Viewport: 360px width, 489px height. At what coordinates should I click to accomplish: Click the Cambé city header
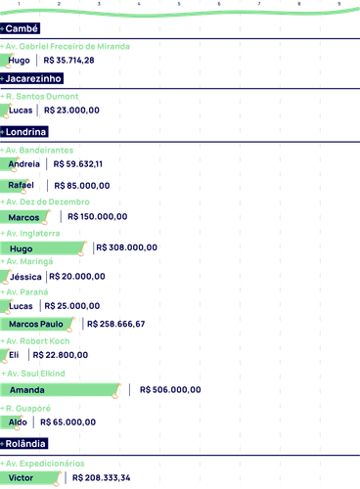20,28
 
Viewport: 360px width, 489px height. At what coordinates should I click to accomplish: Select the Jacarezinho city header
31,78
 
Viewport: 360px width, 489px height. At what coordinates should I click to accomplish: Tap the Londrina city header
24,132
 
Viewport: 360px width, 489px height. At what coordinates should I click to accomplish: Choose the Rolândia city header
23,444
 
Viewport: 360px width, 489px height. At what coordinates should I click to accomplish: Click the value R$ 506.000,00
170,389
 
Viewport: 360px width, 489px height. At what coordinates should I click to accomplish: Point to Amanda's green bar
61,390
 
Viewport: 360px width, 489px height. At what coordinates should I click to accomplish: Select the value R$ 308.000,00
127,247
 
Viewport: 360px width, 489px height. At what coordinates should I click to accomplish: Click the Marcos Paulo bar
37,324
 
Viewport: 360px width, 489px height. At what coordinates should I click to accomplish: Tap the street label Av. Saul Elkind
33,374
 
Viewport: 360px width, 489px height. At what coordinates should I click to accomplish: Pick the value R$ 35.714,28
68,61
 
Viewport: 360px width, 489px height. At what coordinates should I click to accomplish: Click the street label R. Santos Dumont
39,97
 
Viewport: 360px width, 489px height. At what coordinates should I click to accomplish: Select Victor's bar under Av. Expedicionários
30,478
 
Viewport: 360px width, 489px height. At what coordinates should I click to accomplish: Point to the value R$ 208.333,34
101,478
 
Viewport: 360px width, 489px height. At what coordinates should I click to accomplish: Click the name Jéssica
25,277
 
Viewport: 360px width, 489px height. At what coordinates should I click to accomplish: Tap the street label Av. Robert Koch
35,341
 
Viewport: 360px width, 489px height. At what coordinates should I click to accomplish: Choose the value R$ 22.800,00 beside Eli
61,355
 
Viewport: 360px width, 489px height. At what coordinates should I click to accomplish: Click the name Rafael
21,185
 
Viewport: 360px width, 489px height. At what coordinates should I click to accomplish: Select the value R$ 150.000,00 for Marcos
98,216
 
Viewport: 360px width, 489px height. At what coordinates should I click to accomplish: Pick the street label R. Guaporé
25,408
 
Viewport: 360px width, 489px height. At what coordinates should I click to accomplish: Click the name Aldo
18,422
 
